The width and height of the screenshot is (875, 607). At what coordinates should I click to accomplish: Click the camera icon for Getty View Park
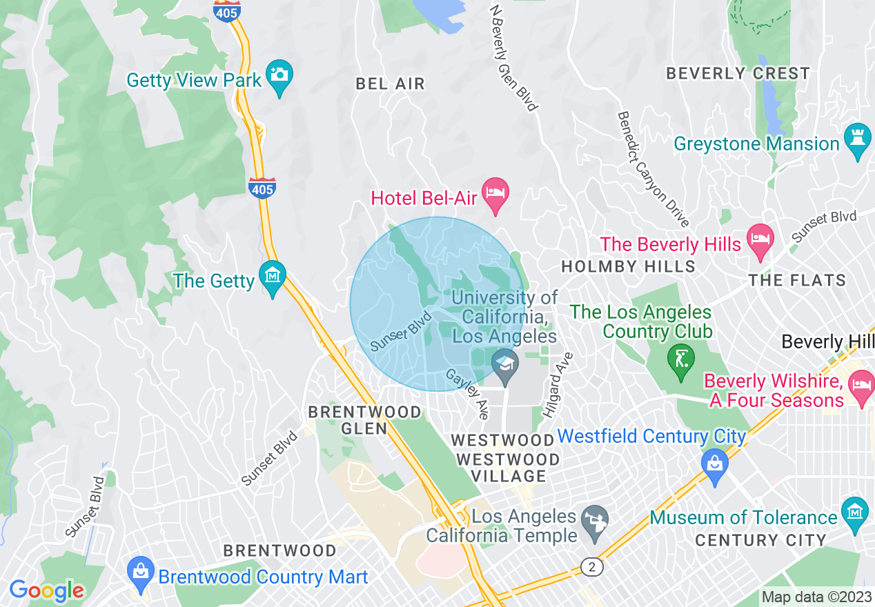point(279,74)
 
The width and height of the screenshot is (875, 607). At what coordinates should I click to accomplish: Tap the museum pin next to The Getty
point(273,277)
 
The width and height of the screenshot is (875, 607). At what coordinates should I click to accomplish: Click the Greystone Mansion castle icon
point(858,139)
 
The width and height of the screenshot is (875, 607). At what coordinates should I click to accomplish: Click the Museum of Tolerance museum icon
point(856,513)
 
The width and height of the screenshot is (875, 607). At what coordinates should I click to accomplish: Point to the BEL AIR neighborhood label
point(391,84)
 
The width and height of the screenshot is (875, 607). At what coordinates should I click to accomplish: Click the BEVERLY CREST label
point(738,73)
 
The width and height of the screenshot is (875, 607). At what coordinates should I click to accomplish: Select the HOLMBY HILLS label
point(629,266)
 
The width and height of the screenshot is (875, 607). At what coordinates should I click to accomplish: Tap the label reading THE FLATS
point(797,280)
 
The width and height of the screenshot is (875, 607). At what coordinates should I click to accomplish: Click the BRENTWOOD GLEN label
point(364,420)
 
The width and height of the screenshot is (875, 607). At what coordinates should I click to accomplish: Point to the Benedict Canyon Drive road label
point(653,169)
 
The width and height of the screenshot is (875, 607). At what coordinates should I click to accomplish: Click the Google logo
point(47,590)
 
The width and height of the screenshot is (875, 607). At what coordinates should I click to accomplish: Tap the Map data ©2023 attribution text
point(816,597)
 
